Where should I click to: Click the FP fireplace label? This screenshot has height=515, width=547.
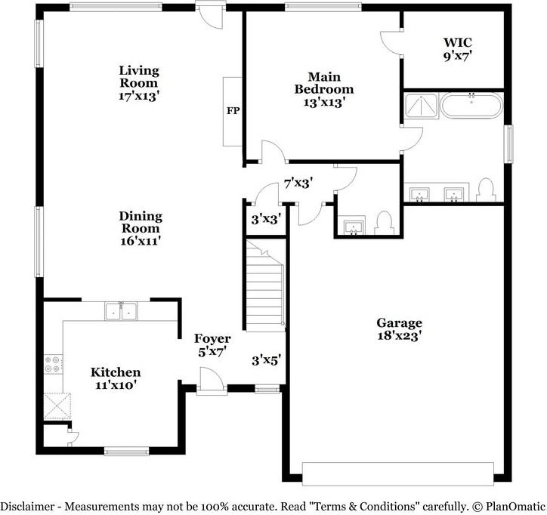point(233,110)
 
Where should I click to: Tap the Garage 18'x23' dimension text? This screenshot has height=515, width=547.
point(400,336)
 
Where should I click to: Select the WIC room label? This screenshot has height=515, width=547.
point(458,42)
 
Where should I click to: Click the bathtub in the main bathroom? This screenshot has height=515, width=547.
point(471,106)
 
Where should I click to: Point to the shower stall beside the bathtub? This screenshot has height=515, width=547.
point(422,106)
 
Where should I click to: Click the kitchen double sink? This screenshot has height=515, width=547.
point(121,311)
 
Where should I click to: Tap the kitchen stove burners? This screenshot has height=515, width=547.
point(53,364)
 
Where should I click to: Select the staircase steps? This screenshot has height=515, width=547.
point(265,285)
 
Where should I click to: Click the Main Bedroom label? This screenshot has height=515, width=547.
point(324,82)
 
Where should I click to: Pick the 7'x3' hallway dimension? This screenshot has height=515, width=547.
point(298,183)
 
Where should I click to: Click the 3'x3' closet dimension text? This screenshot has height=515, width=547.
point(266,219)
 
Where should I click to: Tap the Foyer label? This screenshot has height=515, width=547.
point(212,338)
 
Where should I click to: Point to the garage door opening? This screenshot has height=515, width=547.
point(398,474)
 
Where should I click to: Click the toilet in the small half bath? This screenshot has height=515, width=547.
point(384,224)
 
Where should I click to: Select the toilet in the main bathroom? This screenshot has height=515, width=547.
point(486,190)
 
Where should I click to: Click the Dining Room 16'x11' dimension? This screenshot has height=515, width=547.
point(141,241)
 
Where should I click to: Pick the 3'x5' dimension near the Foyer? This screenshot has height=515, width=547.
point(267,360)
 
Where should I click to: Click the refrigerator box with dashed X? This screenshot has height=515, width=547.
point(57,406)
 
